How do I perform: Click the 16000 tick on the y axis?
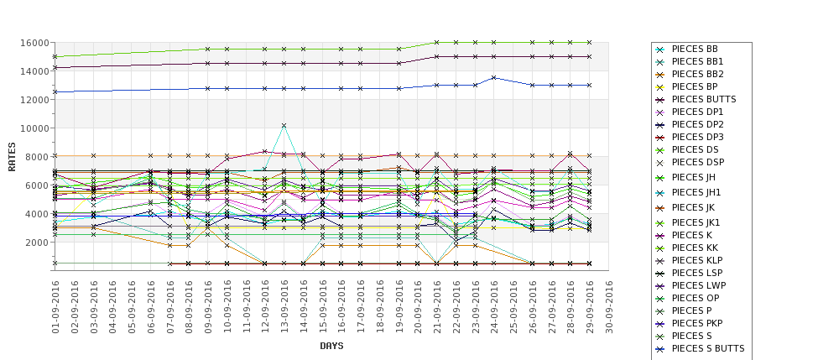point(34,43)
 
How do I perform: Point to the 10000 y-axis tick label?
point(34,128)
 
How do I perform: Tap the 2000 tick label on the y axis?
point(36,243)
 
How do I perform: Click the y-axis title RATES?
point(13,156)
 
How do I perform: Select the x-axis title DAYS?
point(331,346)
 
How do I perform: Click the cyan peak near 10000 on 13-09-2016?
point(284,126)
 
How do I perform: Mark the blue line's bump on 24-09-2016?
point(494,77)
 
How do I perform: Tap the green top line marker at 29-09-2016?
point(590,42)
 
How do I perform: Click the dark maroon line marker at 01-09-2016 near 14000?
point(55,67)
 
